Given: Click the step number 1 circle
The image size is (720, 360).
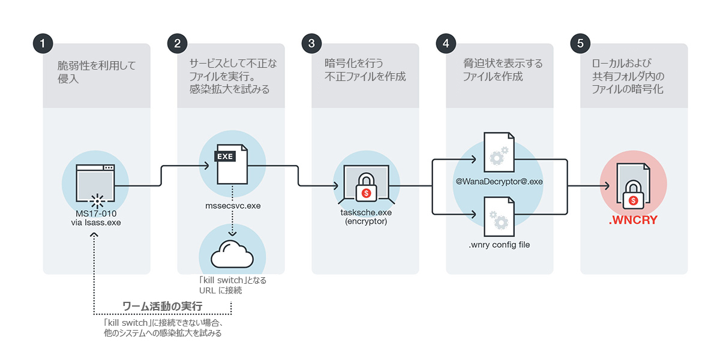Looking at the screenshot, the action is click(43, 43).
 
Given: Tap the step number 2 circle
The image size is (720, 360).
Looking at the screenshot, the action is click(177, 43).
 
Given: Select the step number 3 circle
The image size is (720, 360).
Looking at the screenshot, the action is click(311, 43).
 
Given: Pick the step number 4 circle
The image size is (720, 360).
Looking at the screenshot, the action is click(446, 43).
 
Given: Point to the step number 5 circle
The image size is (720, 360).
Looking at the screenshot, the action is click(580, 43).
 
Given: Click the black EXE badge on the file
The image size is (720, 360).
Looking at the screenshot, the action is click(225, 157).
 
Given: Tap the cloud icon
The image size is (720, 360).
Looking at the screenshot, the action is click(232, 254).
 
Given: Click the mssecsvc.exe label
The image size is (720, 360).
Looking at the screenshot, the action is click(233, 206).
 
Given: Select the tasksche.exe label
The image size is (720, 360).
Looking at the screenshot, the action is click(366, 212).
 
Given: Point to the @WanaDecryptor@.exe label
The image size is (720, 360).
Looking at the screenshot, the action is click(499, 182).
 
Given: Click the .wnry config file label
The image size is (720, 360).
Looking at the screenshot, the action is click(499, 245).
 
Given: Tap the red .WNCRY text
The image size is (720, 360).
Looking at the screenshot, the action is click(633, 220).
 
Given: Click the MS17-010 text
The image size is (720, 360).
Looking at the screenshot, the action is click(96, 214).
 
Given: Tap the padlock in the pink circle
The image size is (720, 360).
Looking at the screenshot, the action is click(633, 195).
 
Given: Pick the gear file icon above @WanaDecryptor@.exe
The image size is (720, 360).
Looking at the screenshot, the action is click(499, 152).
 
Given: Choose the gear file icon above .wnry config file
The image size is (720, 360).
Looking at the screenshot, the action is click(499, 217).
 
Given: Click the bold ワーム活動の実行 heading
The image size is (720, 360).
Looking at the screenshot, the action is click(163, 307).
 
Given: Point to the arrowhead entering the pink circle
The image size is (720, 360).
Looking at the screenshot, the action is click(607, 186).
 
